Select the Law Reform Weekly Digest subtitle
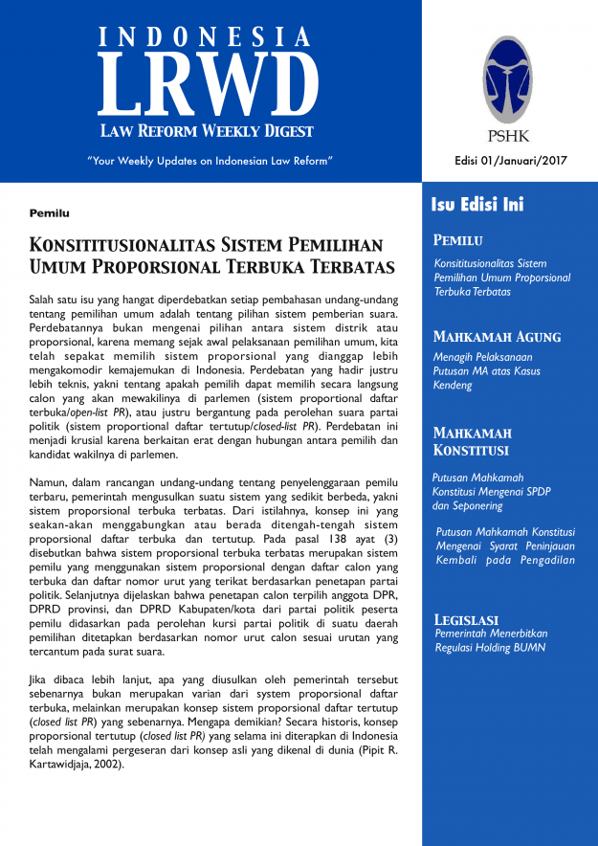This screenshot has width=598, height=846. [x=208, y=130]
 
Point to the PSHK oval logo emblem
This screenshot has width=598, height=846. [x=505, y=78]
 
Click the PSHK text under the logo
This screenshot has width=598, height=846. [x=506, y=135]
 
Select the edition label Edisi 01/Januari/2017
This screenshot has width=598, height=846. [x=511, y=160]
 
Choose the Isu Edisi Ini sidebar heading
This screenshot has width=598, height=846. [x=477, y=205]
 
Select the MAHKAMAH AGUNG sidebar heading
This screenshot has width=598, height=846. [x=497, y=337]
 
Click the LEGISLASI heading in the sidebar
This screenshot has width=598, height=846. [x=470, y=619]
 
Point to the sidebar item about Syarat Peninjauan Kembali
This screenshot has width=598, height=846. [x=504, y=545]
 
